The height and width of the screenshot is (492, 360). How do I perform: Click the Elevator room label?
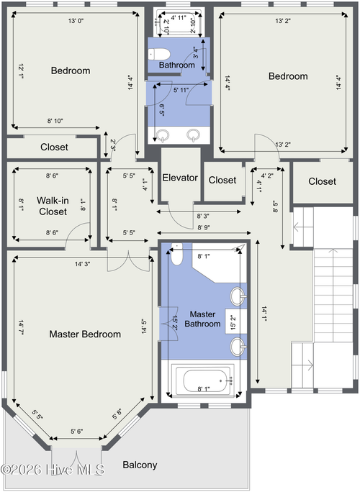click(x=180, y=178)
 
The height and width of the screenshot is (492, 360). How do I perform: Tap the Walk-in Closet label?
click(x=53, y=206)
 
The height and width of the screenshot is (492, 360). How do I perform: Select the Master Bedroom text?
click(x=85, y=334)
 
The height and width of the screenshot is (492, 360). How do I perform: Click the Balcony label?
click(x=140, y=465)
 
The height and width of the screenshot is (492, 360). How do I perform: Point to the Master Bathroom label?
click(x=202, y=319)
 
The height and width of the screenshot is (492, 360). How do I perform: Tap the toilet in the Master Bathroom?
click(x=177, y=254)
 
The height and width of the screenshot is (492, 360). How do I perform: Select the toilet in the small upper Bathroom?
click(x=159, y=54)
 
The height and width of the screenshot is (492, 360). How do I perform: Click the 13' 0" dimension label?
click(x=76, y=21)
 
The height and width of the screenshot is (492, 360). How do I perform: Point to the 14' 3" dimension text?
click(x=83, y=264)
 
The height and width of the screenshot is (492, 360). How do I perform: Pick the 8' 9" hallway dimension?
click(x=204, y=227)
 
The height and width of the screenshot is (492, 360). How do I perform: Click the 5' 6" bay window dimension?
click(x=76, y=432)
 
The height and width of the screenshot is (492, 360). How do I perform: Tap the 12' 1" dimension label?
click(x=21, y=71)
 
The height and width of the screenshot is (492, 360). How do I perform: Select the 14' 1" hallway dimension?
click(x=264, y=314)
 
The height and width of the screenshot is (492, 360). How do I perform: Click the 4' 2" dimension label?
click(x=267, y=176)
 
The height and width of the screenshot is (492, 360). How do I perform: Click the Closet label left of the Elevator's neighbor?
click(x=222, y=180)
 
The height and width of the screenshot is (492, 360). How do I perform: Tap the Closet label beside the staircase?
click(x=323, y=181)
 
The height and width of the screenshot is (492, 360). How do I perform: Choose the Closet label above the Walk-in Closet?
click(x=54, y=147)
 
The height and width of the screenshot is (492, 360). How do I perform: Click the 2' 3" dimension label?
click(x=113, y=145)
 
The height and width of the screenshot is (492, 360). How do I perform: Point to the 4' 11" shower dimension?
click(x=179, y=17)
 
